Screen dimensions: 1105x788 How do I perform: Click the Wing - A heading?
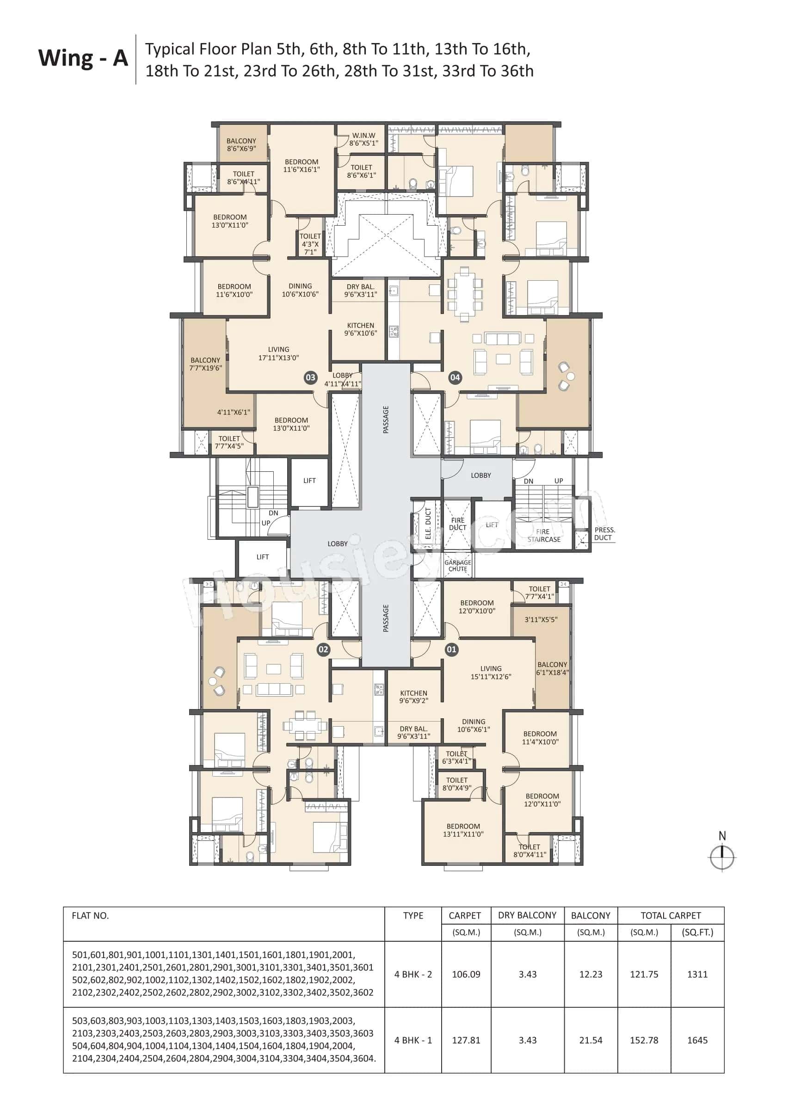click(83, 59)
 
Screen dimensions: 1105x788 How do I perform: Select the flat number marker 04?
click(455, 377)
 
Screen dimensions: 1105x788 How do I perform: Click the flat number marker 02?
click(323, 649)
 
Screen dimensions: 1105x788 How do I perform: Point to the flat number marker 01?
click(451, 649)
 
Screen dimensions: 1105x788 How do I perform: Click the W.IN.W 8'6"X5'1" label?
click(363, 139)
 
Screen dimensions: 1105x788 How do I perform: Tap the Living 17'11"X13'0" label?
click(278, 353)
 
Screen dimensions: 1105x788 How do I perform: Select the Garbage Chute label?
click(457, 565)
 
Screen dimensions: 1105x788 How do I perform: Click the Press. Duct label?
click(604, 533)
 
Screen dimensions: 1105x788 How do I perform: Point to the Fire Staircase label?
click(543, 535)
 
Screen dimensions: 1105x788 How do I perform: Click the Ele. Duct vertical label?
click(428, 524)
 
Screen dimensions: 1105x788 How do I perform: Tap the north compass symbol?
click(722, 857)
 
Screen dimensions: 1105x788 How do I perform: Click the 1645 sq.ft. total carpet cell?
click(697, 1040)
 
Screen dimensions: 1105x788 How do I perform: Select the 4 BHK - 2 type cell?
click(413, 974)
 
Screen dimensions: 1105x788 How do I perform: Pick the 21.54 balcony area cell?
click(591, 1040)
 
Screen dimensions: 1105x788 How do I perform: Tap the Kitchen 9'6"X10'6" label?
click(361, 329)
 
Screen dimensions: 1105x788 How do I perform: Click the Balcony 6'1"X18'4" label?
click(552, 668)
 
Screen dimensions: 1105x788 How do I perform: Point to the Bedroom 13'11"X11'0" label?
click(463, 830)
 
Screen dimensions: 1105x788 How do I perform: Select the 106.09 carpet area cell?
click(466, 974)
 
